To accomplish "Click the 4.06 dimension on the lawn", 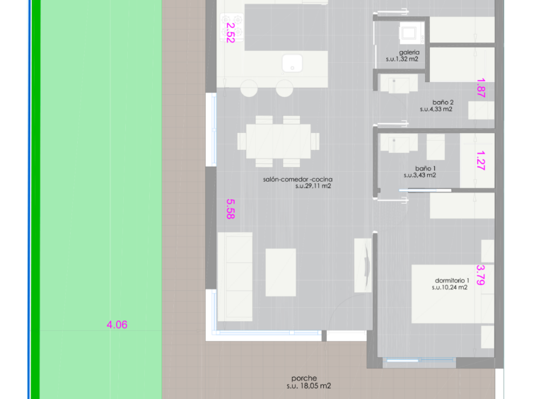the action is (117, 325).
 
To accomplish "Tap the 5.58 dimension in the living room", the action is (231, 209).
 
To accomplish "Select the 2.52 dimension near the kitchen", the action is (231, 33).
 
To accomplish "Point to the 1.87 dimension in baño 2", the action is (481, 88).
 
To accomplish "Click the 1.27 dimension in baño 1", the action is (481, 161).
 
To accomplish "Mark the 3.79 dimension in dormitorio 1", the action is (481, 275).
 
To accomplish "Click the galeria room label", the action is (409, 52).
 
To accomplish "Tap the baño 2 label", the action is (443, 103).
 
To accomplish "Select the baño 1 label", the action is (425, 168).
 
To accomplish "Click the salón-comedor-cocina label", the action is (298, 179).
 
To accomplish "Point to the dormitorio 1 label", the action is (453, 280).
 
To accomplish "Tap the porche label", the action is (304, 378).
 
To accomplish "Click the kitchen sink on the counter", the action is (292, 63).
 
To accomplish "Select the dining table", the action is (279, 141).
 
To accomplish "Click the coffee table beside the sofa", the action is (281, 272).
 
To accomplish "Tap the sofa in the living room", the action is (235, 277).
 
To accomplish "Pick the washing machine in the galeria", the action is (412, 33).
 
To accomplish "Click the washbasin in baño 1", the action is (399, 143).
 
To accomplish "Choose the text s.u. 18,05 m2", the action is (309, 386).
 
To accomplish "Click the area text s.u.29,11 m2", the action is (313, 186).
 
